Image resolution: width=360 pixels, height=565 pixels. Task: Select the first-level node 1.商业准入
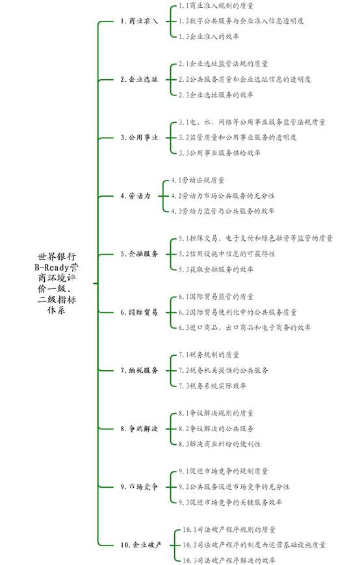(139, 21)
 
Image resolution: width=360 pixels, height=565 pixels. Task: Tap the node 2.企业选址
(139, 79)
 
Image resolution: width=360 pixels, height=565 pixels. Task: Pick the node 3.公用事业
(139, 137)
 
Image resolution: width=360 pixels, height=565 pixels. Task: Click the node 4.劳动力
(136, 195)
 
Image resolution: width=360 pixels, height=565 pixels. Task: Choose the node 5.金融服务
(139, 254)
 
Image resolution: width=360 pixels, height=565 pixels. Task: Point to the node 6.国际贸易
(139, 312)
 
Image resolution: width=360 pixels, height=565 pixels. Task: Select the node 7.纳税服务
(139, 370)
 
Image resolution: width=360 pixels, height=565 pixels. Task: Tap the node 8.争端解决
(139, 429)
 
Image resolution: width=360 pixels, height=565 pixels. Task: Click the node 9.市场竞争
(139, 487)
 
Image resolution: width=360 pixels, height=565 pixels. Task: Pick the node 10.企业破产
(141, 545)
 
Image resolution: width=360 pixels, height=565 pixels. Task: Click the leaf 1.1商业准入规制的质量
(216, 6)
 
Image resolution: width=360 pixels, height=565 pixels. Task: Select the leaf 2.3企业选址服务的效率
(216, 95)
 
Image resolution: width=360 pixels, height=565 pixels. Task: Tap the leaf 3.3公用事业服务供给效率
(220, 153)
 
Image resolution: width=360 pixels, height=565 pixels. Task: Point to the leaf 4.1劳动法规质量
(198, 180)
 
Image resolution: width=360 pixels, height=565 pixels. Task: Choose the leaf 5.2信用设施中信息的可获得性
(227, 254)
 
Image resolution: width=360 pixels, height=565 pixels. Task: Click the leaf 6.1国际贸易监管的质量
(216, 297)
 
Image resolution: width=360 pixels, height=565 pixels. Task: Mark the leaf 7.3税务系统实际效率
(212, 386)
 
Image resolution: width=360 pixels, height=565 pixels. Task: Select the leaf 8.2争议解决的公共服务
(216, 429)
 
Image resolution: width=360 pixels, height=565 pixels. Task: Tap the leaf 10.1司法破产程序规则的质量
(229, 530)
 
